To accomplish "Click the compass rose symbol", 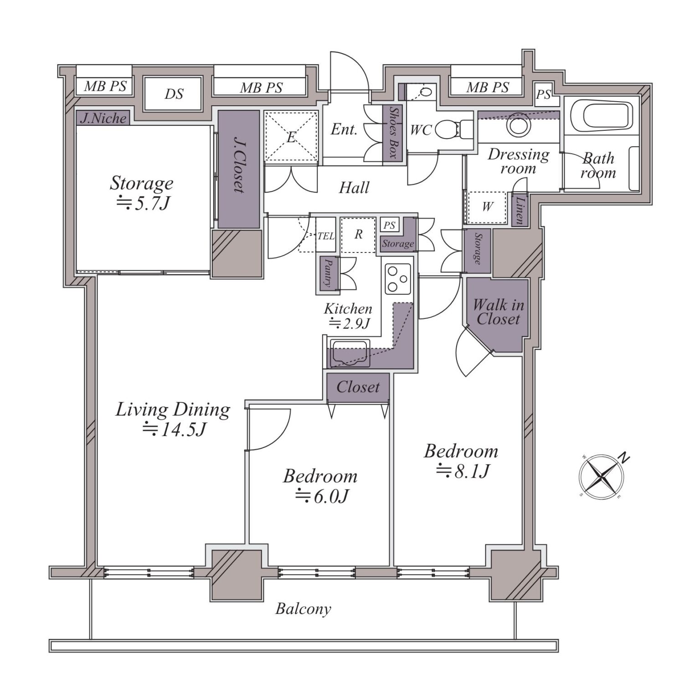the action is tap(602, 477).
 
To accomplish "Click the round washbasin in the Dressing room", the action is tap(519, 123).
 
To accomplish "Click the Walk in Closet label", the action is tap(498, 312).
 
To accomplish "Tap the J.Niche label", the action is tap(103, 118).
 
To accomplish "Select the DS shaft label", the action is tap(174, 94).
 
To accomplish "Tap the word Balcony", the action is tap(303, 609).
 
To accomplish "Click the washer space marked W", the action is tap(487, 207).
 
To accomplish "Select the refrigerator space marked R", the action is tap(359, 234).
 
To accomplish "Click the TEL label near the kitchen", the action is tap(326, 236).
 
